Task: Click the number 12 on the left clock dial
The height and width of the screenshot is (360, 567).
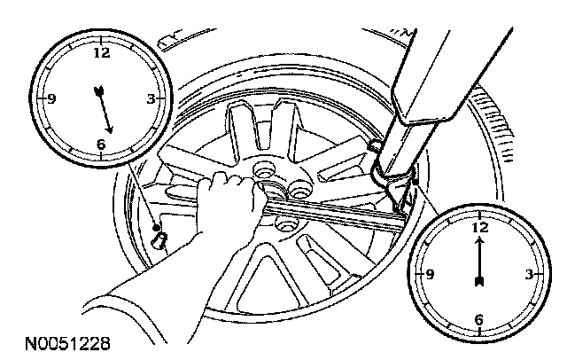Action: tap(101, 52)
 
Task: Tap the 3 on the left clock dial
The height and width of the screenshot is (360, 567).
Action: tap(151, 99)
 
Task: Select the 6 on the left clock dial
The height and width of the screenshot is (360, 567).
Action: tap(101, 145)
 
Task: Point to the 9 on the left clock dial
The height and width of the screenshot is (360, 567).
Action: tap(51, 99)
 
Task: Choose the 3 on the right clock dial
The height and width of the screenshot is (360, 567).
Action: tap(529, 275)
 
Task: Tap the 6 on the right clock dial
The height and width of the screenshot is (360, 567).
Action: tap(479, 320)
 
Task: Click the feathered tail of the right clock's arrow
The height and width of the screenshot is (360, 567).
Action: tap(479, 282)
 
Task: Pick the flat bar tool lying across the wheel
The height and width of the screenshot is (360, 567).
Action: tap(346, 215)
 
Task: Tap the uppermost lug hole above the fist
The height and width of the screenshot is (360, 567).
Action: tap(262, 167)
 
